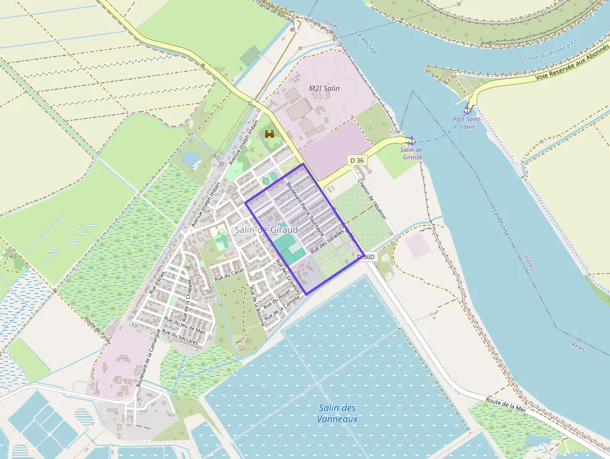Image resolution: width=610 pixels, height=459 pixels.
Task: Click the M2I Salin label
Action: click(x=324, y=88)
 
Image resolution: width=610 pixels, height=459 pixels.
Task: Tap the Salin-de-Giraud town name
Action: click(x=261, y=230)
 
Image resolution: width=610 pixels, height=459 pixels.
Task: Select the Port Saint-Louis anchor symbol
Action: click(x=467, y=110)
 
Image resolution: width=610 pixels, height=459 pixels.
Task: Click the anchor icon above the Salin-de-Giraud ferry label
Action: click(x=411, y=140)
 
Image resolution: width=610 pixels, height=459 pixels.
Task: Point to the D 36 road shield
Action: click(x=357, y=161)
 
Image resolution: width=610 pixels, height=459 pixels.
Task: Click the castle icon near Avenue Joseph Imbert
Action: click(x=270, y=133)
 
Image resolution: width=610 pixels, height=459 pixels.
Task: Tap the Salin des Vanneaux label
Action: click(x=337, y=413)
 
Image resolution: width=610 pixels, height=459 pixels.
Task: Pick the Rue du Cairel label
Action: click(x=229, y=275)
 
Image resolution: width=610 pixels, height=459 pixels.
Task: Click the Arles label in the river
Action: click(x=577, y=346)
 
